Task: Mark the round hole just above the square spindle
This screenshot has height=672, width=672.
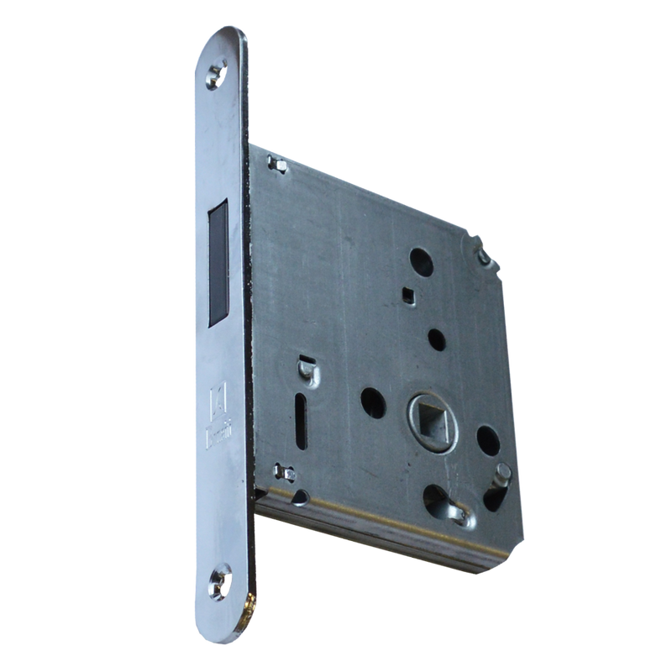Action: tap(438, 341)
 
